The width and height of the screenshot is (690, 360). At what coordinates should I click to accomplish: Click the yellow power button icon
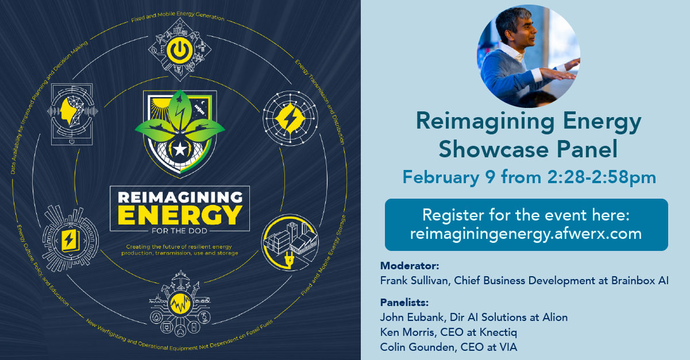coord(180,50)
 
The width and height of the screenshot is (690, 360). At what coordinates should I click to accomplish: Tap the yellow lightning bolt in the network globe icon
coord(290,118)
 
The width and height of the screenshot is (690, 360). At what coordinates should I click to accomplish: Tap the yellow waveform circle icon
coord(180,303)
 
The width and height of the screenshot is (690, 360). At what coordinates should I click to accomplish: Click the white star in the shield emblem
coord(180,150)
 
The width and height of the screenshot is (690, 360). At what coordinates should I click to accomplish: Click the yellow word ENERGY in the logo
coord(180,215)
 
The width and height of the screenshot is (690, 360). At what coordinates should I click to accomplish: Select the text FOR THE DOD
coord(180,231)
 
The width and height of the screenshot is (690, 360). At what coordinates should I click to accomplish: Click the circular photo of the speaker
coord(529,56)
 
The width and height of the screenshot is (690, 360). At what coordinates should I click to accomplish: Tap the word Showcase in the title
coord(494,149)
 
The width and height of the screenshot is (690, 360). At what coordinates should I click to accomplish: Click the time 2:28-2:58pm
coord(602,177)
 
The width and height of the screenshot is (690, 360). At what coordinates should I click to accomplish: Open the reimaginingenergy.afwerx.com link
coord(526,234)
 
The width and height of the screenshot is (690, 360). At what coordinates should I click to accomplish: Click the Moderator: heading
coord(410,265)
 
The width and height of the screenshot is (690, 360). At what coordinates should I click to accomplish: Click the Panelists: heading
coord(404,303)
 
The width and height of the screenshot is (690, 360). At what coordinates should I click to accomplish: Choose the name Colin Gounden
coord(417,347)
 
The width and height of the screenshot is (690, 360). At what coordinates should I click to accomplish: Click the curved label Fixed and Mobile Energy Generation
coord(178,16)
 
